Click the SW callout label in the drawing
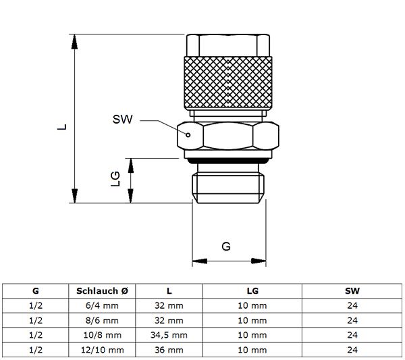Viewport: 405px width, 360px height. (122, 119)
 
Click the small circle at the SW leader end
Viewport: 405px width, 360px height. (188, 134)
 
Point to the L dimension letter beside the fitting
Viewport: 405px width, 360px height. (62, 127)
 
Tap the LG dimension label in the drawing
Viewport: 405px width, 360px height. (115, 178)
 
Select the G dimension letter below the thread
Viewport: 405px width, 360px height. (226, 247)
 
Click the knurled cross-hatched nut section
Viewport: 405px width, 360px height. (228, 82)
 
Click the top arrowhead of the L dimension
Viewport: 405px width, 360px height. (75, 42)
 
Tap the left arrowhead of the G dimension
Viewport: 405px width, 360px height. (200, 261)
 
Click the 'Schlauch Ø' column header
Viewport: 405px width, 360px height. (102, 291)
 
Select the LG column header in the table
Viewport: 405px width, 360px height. (252, 291)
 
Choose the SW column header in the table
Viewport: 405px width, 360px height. (352, 291)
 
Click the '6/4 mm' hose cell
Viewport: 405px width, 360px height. (102, 306)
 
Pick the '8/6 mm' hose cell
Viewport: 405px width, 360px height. (102, 320)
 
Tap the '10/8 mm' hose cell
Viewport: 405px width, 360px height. (103, 335)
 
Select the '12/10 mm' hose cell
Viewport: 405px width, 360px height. (103, 350)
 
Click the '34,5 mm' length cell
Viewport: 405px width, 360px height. (169, 335)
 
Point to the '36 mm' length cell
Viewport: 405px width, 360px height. (169, 350)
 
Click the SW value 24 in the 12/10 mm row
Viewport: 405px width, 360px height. (352, 350)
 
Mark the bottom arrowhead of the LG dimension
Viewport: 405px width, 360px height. (131, 196)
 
